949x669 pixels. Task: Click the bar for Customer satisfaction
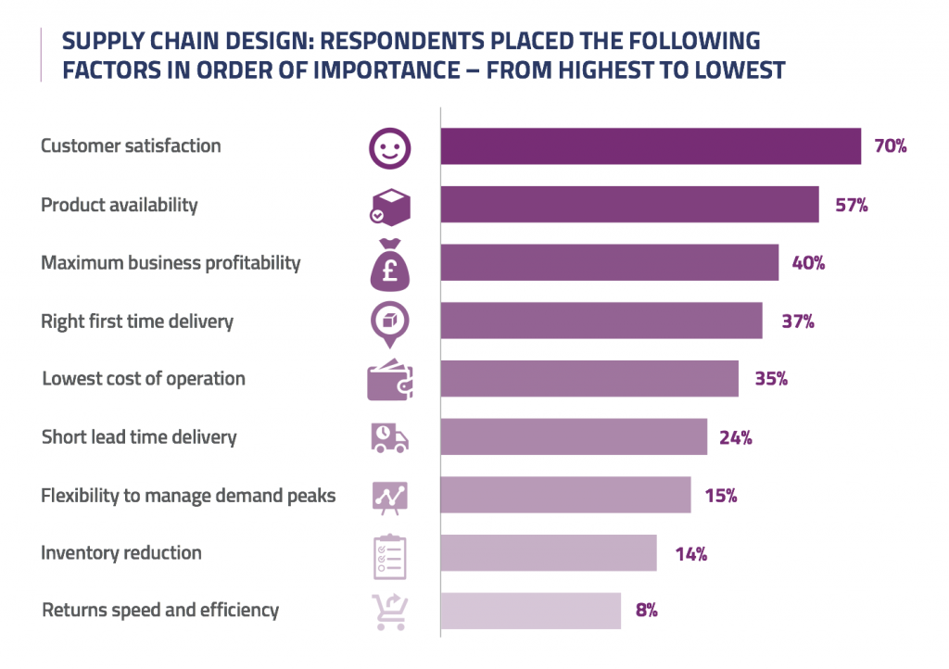pyautogui.click(x=651, y=146)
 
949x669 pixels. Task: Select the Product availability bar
pyautogui.click(x=629, y=205)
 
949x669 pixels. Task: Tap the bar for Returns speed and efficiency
pyautogui.click(x=530, y=611)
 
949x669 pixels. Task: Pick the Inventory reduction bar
pyautogui.click(x=548, y=553)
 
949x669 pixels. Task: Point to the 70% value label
pyautogui.click(x=889, y=146)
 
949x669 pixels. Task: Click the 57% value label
pyautogui.click(x=851, y=205)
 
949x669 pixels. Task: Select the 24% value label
pyautogui.click(x=735, y=437)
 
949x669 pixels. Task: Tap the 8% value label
pyautogui.click(x=646, y=611)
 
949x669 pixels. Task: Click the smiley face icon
pyautogui.click(x=389, y=147)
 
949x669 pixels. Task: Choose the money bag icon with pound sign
pyautogui.click(x=389, y=263)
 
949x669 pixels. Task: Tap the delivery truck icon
pyautogui.click(x=389, y=436)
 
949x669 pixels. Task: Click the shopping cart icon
pyautogui.click(x=389, y=612)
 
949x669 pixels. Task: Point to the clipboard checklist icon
pyautogui.click(x=389, y=554)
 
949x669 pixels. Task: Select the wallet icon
pyautogui.click(x=389, y=380)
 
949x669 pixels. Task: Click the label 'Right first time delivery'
pyautogui.click(x=137, y=322)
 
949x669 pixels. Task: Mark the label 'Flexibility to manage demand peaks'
pyautogui.click(x=188, y=496)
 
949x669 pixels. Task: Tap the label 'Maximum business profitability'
pyautogui.click(x=171, y=263)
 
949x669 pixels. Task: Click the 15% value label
pyautogui.click(x=720, y=496)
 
